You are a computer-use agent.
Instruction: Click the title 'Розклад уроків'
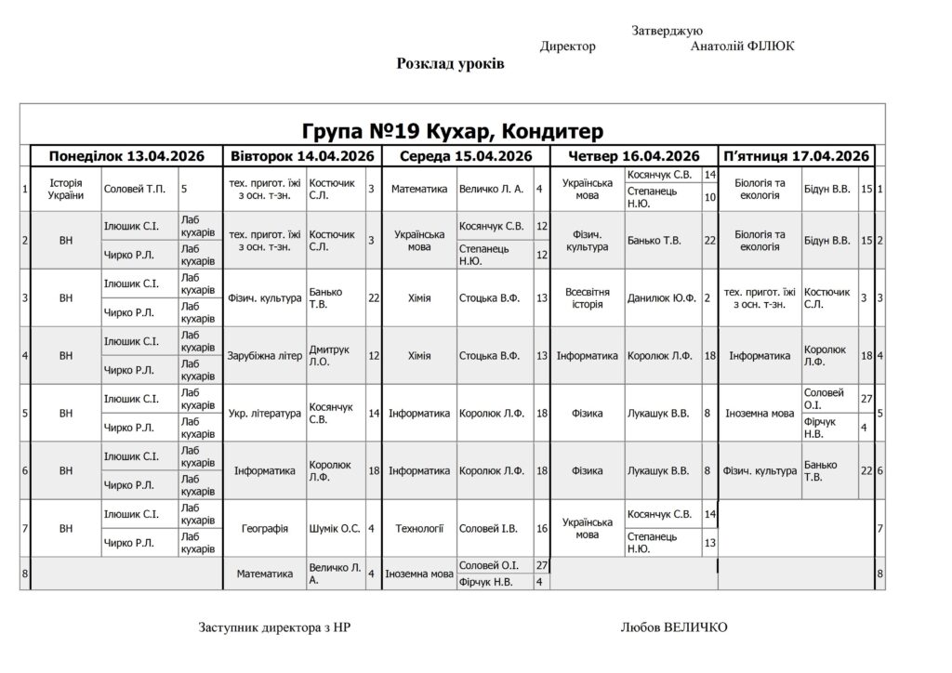tap(451, 64)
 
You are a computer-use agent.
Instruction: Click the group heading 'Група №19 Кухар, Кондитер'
tap(453, 130)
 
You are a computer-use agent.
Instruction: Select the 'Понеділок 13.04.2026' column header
tap(126, 156)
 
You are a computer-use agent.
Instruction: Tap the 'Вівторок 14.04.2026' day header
tap(302, 156)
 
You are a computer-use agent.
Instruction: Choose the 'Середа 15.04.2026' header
tap(465, 156)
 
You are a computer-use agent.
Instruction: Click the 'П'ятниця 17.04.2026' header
tap(796, 156)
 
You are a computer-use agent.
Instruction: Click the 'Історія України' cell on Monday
tap(66, 189)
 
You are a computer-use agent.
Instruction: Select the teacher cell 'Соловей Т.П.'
tap(135, 190)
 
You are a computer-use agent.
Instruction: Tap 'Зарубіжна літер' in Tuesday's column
tap(265, 355)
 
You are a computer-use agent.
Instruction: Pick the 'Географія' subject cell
tap(265, 528)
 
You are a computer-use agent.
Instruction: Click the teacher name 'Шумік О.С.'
tap(335, 528)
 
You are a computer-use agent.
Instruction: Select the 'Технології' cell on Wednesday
tap(419, 528)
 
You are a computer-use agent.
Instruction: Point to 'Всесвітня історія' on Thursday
tap(588, 297)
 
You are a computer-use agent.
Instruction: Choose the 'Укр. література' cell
tap(265, 413)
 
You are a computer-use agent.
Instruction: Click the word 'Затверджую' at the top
tap(667, 31)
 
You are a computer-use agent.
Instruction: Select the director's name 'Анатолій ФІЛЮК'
tap(743, 46)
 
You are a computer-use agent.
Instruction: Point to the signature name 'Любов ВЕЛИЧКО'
tap(674, 627)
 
